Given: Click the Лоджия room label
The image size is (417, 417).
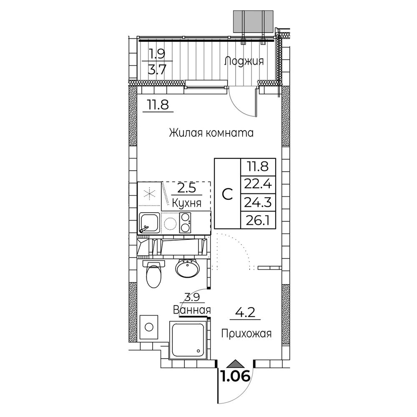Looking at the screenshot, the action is point(244,61).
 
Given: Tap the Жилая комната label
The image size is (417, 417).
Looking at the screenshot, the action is point(211,133).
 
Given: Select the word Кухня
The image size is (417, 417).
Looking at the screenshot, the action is point(187,203).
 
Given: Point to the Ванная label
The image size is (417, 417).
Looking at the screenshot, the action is point(192,310).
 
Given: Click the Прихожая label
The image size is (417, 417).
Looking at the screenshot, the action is point(246,334).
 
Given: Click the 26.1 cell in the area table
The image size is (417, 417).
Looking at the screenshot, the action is point(258,220).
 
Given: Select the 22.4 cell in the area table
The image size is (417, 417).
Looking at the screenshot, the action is point(258,184).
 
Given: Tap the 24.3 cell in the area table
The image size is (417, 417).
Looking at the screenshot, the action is point(258,202).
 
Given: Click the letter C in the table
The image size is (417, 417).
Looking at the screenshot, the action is point(227,194).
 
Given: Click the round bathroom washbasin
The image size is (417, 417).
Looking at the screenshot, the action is point(188,268).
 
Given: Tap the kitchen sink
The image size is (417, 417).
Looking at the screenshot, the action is point(149,223).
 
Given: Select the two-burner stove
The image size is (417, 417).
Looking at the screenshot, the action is point(185,223).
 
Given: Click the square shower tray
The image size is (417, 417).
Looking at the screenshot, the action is point(188,340).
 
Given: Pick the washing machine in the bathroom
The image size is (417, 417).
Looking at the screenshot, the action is point(149,327).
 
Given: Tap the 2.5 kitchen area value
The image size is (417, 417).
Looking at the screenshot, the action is point(187,188).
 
